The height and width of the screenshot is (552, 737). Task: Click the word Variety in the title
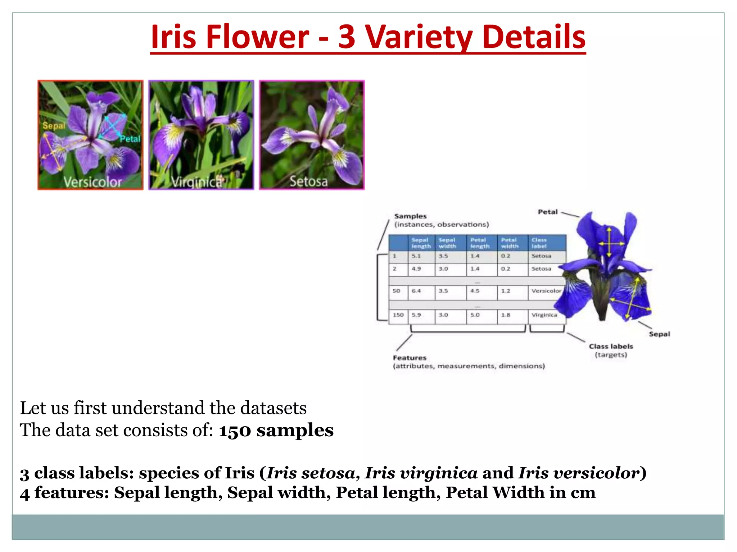coord(419,37)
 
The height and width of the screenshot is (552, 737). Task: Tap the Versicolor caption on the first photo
coord(93,182)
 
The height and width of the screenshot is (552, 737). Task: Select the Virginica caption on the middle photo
coord(196,182)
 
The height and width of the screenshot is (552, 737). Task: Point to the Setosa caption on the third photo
coord(309,181)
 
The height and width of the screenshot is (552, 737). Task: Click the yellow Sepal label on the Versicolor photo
coord(54,126)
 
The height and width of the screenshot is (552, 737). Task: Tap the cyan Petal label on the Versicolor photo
coord(130,139)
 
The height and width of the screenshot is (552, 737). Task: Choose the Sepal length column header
coord(421,243)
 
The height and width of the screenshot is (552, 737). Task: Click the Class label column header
coord(539,243)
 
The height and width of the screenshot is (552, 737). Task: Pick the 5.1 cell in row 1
coord(416,256)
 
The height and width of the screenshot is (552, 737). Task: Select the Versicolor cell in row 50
coord(546,291)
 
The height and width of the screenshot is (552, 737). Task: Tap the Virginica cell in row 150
coord(544,315)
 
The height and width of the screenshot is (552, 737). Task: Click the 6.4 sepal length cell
coord(416,291)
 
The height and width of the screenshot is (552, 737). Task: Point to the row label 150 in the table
coord(398,315)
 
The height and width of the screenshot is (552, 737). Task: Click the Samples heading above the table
coord(410,216)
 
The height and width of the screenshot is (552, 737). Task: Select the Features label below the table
coord(410,358)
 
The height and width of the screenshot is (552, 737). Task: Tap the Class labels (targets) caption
coord(611,350)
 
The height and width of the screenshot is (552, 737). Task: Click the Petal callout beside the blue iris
coord(548,212)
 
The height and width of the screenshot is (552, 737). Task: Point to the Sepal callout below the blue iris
coord(659,334)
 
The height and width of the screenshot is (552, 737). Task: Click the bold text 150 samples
coord(276,430)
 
